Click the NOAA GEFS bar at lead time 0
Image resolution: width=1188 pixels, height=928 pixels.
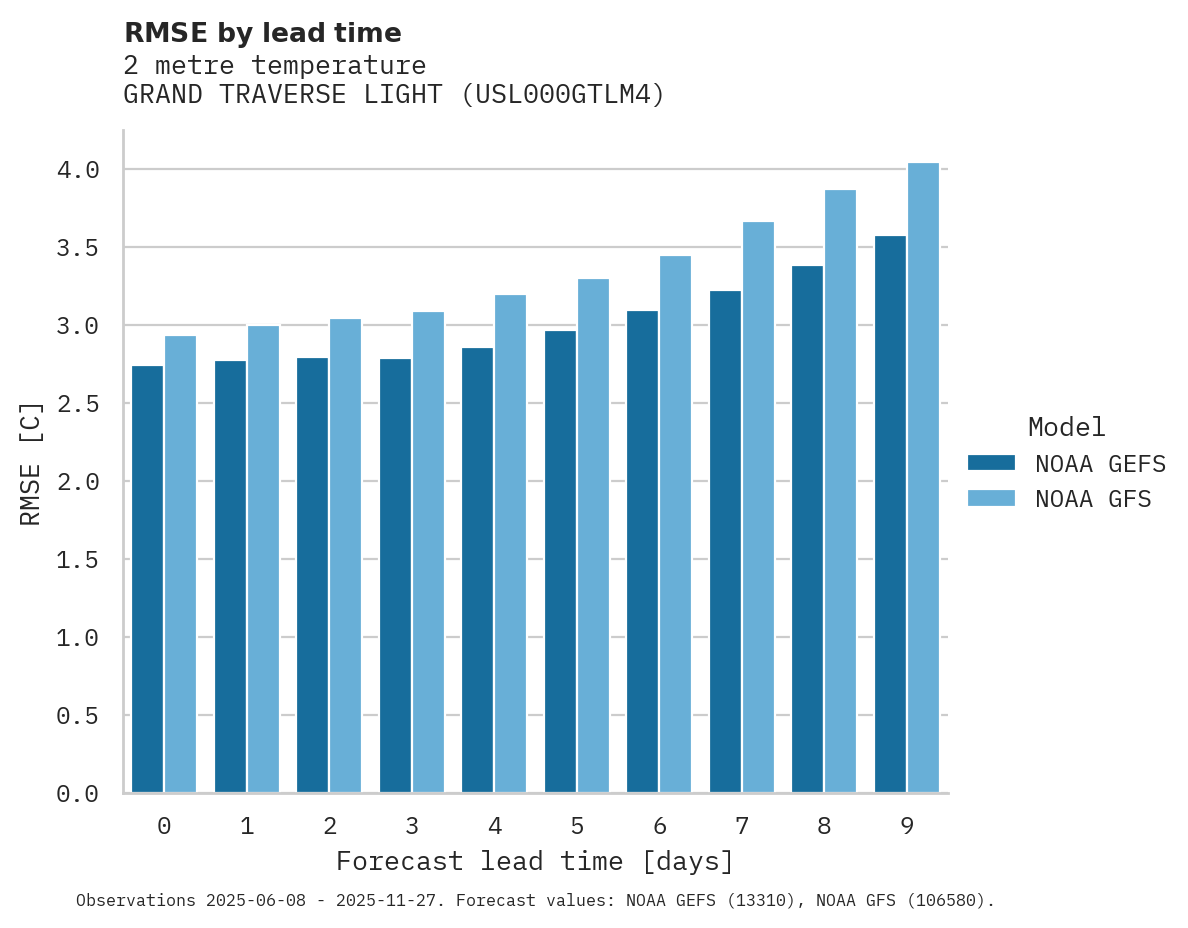[x=147, y=579]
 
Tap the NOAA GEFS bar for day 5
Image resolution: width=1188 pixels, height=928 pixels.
[x=560, y=561]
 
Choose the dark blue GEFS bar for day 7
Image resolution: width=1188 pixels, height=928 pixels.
[x=725, y=541]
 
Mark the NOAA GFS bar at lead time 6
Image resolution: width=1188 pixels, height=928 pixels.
[x=675, y=524]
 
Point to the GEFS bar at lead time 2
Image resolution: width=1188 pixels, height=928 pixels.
[x=312, y=575]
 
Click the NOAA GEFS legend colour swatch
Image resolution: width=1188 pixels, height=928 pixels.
[x=991, y=463]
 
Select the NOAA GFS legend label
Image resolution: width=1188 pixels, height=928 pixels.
[x=1093, y=499]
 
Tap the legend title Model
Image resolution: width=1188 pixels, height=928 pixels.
[x=1066, y=427]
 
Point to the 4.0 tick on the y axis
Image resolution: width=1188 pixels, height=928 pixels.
[x=78, y=170]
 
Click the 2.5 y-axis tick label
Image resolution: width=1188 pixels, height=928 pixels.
[x=78, y=404]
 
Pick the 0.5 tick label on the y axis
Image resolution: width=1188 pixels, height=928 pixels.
[x=78, y=716]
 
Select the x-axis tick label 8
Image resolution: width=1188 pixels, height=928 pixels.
[x=824, y=826]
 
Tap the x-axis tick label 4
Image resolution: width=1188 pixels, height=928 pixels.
[x=494, y=826]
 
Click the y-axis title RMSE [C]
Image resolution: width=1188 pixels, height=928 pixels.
[x=31, y=463]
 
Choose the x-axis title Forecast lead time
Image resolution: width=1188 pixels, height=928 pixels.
[x=535, y=861]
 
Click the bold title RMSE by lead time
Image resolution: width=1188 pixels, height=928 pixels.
[x=262, y=33]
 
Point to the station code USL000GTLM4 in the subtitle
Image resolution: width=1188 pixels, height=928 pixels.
[x=564, y=95]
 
